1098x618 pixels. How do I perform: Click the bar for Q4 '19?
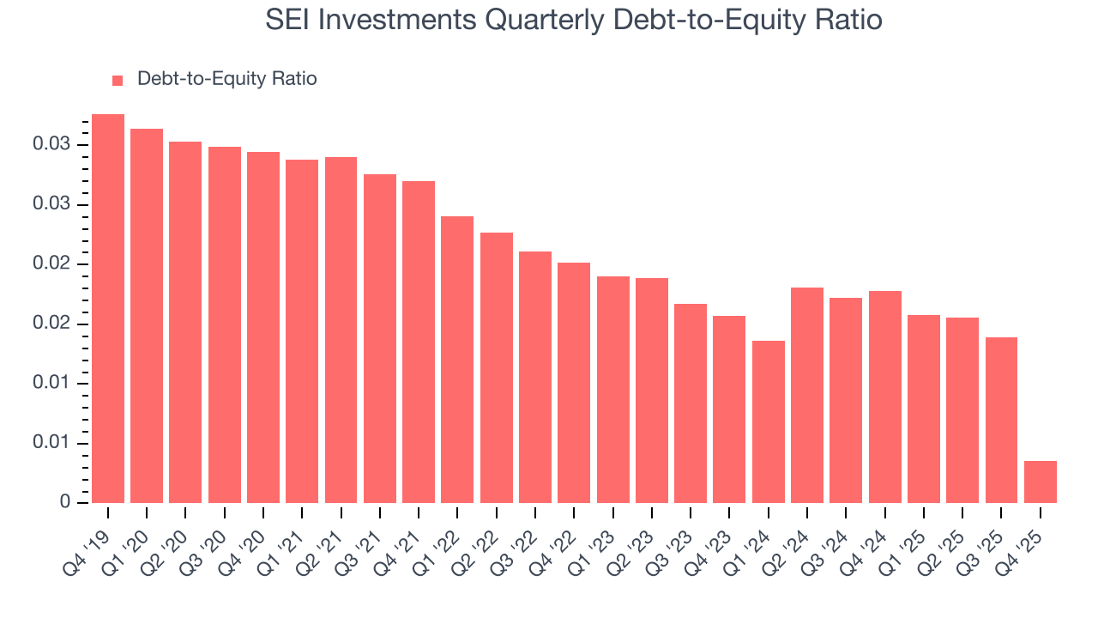(108, 308)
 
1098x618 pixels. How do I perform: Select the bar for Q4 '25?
(1040, 482)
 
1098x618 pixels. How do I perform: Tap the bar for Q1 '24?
(768, 421)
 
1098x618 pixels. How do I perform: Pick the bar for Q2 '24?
(807, 395)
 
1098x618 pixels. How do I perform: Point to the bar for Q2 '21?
(341, 330)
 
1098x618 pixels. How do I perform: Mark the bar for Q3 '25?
(1001, 420)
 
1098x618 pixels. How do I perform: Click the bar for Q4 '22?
(574, 382)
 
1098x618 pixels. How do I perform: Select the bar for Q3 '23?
(691, 403)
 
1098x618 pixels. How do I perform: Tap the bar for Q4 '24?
(884, 397)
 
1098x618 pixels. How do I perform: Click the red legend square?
(118, 80)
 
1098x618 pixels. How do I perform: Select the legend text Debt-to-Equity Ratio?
(226, 79)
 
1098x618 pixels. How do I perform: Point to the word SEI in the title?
(288, 20)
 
